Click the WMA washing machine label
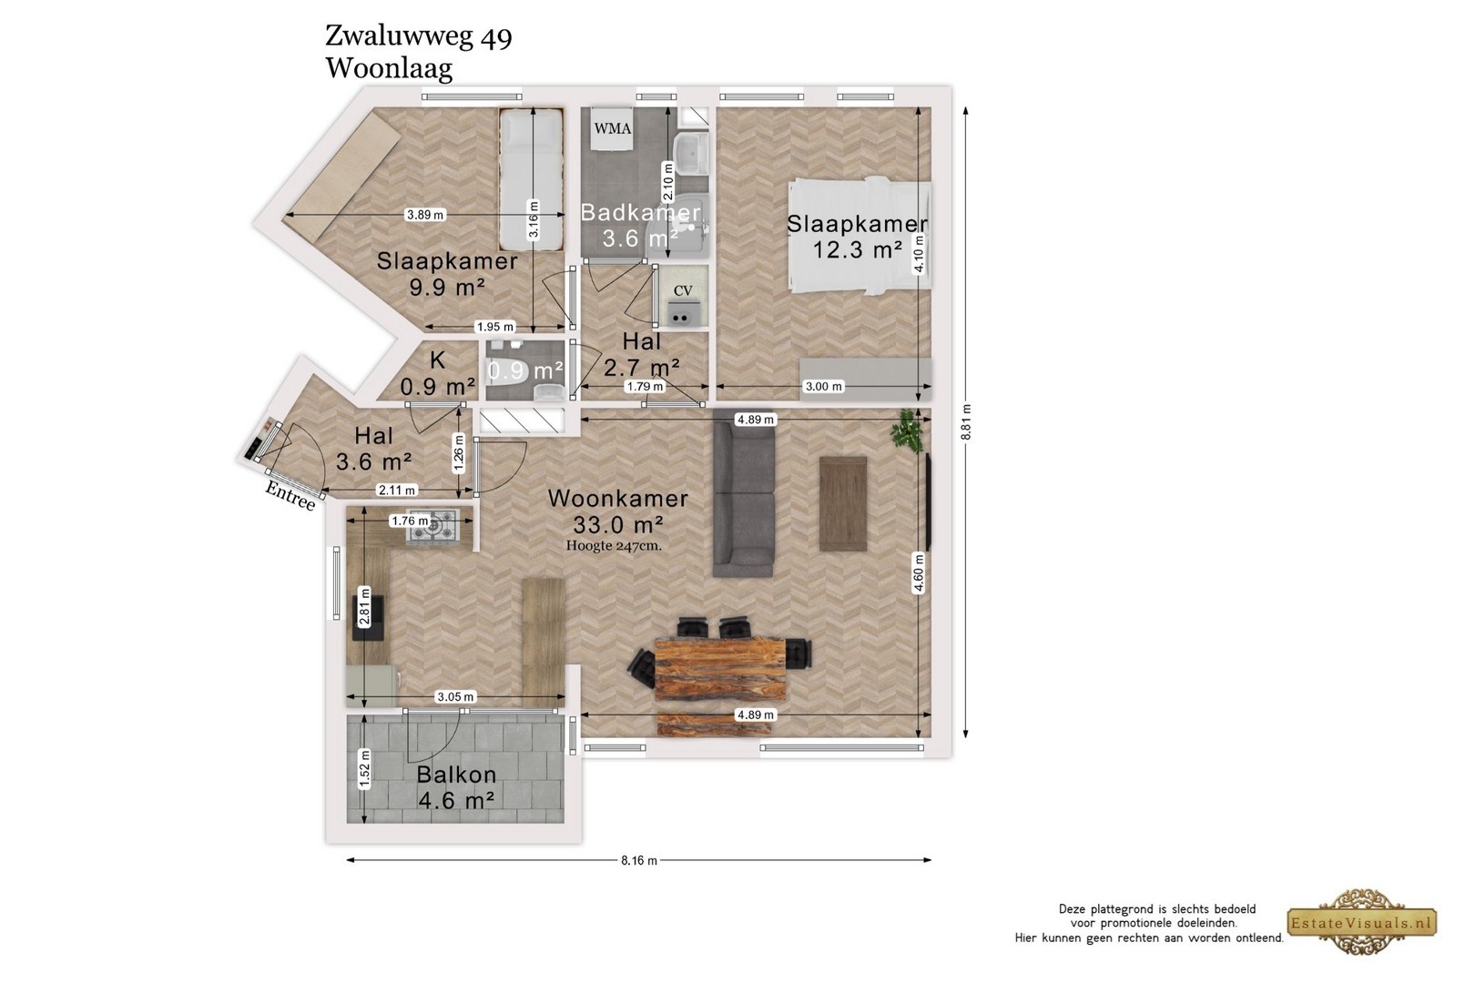coord(613,128)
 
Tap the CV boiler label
coord(683,290)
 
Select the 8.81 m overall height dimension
coord(966,422)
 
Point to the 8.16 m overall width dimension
coord(639,860)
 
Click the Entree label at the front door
coord(290,495)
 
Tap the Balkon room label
coord(456,775)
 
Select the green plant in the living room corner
coord(908,430)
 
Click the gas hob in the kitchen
coord(432,525)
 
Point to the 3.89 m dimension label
coord(425,215)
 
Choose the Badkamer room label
coord(640,212)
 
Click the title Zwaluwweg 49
coord(419,36)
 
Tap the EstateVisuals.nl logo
coord(1361,922)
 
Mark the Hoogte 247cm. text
coord(614,546)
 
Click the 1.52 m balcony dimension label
coord(364,768)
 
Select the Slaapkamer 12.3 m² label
coord(858,237)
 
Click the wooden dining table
coord(720,669)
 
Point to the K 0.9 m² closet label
coord(438,373)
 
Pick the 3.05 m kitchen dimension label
coord(455,696)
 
